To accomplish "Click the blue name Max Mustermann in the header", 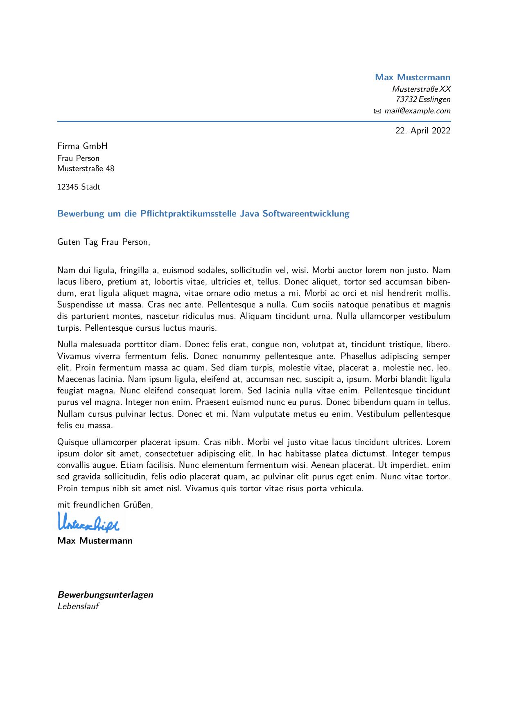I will coord(412,77).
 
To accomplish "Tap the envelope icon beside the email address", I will coord(377,111).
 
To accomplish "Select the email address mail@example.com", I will coord(417,111).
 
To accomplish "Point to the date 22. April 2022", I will coord(422,131).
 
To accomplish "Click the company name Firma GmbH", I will coord(82,147).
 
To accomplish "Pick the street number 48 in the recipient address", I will coord(110,169).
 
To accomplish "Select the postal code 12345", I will coord(68,187).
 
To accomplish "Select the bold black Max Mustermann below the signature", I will coord(95,541).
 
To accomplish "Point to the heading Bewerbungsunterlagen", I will coord(105,595).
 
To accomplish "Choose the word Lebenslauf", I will coord(78,607).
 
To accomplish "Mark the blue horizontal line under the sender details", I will coord(254,122).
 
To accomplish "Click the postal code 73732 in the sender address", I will coord(406,99).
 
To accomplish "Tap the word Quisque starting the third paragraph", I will coord(73,443).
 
